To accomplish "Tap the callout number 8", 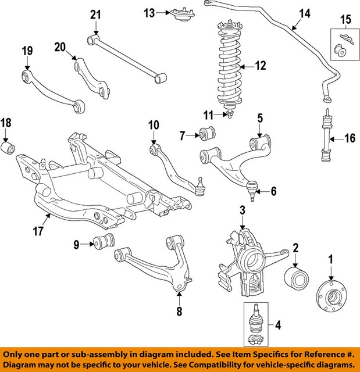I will tap(179, 312).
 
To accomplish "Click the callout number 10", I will tap(154, 124).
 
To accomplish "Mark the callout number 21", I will tap(95, 14).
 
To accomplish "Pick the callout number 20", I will tap(59, 46).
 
